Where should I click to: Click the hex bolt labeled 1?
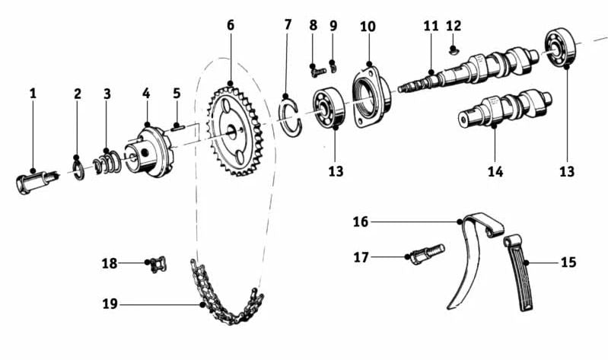click(x=36, y=182)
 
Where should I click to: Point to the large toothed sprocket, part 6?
click(x=236, y=130)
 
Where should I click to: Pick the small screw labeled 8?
click(x=318, y=72)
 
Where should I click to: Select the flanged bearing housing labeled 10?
click(x=371, y=97)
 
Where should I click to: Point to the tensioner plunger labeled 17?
click(x=427, y=254)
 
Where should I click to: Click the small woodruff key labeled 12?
click(x=454, y=49)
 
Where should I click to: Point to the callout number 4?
click(x=146, y=94)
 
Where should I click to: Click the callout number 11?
click(x=431, y=26)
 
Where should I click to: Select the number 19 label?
click(x=110, y=304)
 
